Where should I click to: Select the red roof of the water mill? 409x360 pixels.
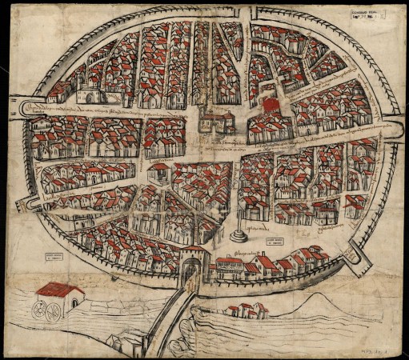61,290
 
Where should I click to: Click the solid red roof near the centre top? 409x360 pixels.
268,105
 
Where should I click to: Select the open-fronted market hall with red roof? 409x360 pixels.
159,171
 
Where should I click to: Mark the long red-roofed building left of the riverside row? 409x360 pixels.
230,264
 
